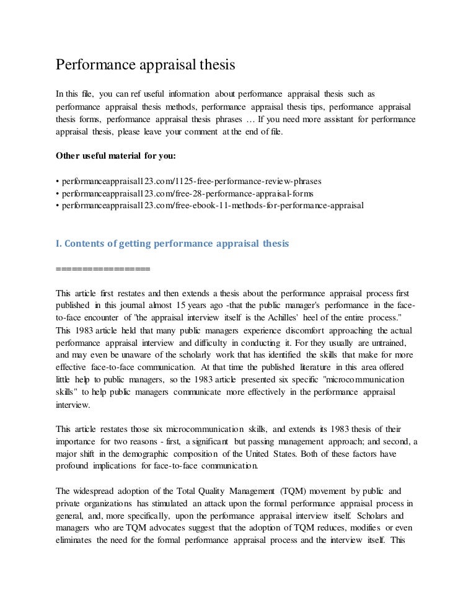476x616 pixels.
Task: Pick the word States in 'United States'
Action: click(315, 436)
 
